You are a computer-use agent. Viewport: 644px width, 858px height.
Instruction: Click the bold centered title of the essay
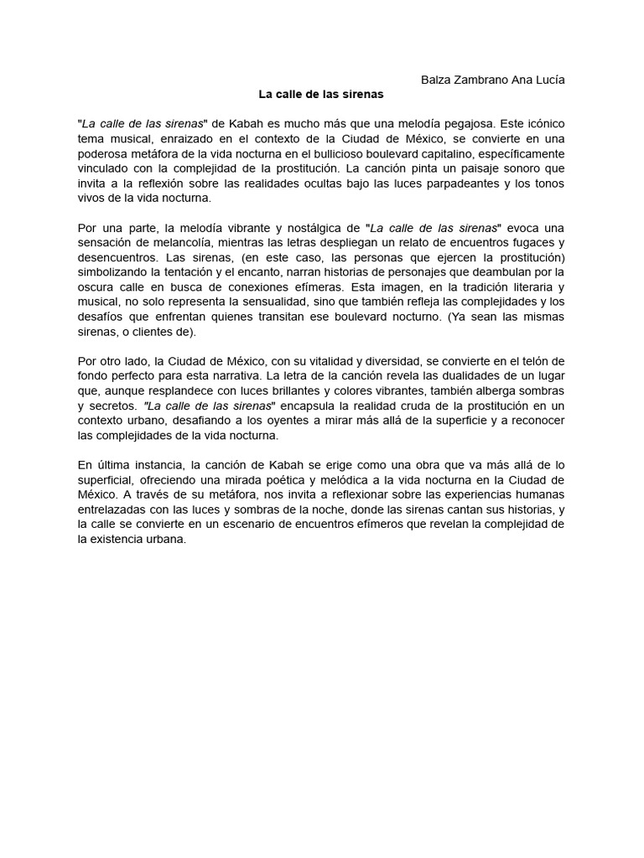[x=308, y=95]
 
